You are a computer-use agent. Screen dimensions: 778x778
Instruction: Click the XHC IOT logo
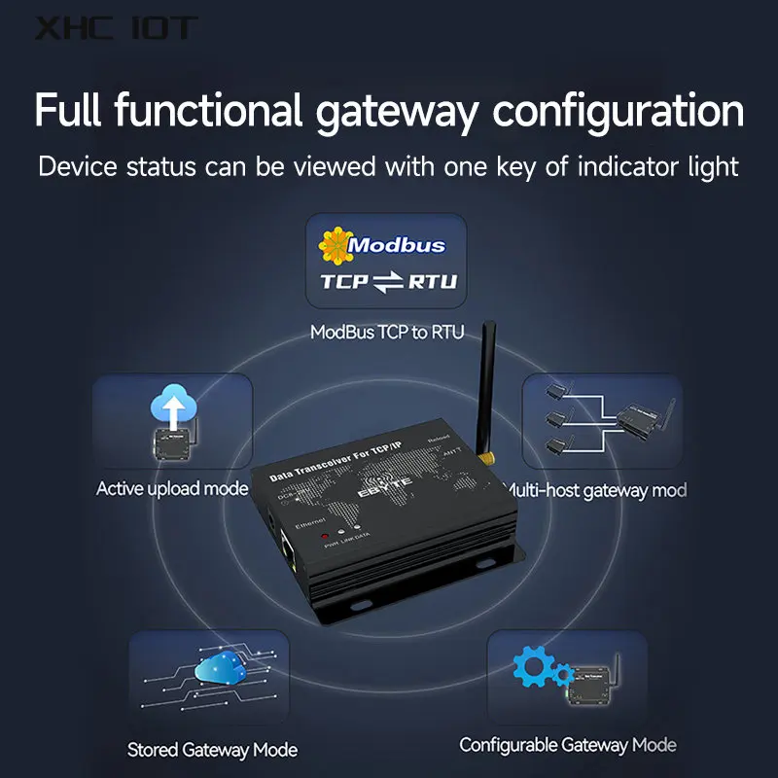click(116, 28)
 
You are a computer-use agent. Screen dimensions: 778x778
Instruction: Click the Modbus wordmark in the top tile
click(397, 245)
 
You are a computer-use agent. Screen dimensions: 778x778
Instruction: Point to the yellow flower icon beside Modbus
click(335, 246)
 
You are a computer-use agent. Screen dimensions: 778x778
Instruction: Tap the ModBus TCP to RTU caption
click(387, 333)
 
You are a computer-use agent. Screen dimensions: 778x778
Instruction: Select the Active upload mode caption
click(172, 488)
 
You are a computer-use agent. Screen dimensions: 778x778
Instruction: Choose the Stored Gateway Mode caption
click(212, 750)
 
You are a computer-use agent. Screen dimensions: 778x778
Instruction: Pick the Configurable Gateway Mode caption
click(567, 746)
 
